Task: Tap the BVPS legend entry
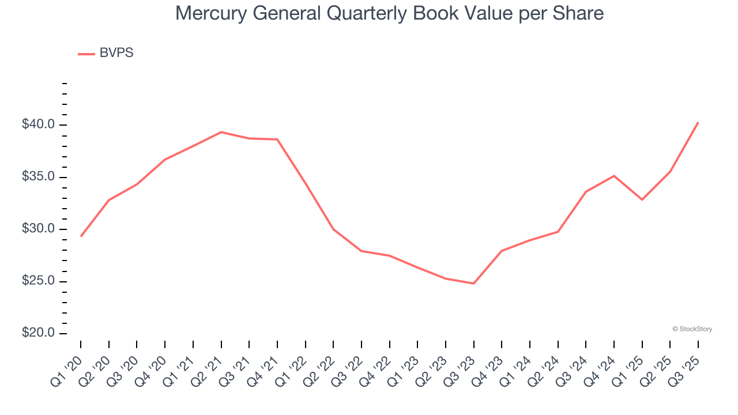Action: point(116,53)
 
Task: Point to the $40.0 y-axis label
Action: point(38,125)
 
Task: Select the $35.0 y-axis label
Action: point(38,177)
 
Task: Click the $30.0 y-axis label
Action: point(38,229)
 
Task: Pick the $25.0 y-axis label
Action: point(38,281)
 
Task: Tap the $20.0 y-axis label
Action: point(38,334)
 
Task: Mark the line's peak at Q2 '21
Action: point(221,132)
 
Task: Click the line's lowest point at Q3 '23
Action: point(473,284)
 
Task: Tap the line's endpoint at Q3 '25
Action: point(698,122)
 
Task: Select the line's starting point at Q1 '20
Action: point(81,236)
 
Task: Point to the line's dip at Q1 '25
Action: point(642,199)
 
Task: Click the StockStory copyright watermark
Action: point(692,329)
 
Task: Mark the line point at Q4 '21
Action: point(277,139)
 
